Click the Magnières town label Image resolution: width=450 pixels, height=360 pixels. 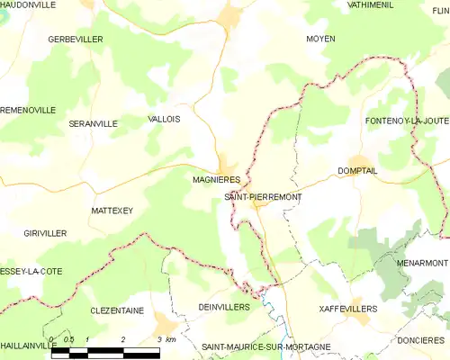tap(214, 179)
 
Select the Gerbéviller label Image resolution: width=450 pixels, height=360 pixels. tap(76, 40)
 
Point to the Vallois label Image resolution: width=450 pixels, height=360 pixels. tap(163, 119)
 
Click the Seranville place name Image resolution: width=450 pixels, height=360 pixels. tap(93, 123)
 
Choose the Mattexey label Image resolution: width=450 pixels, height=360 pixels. tap(112, 210)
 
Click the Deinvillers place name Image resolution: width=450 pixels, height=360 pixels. tap(224, 307)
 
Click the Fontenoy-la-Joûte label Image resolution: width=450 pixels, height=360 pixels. tap(407, 121)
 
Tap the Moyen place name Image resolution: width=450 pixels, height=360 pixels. tap(320, 40)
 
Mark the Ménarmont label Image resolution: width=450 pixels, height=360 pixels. tap(422, 263)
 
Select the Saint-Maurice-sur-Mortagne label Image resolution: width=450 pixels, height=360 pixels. tap(265, 346)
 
